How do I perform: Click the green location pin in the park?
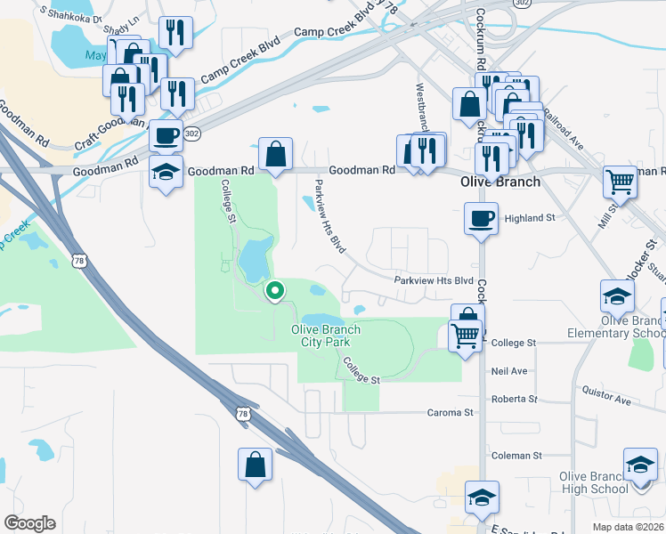click(x=275, y=290)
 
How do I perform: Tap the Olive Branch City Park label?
click(x=327, y=336)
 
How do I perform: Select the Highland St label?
click(x=530, y=217)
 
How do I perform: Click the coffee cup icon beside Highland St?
click(x=481, y=218)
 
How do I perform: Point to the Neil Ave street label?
click(x=509, y=370)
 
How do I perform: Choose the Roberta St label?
click(x=515, y=400)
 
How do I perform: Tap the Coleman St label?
click(x=517, y=456)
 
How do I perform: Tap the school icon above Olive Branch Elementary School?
click(x=617, y=295)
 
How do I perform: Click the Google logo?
click(x=29, y=523)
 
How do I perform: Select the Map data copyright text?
click(x=628, y=527)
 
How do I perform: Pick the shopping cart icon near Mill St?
click(x=620, y=182)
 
